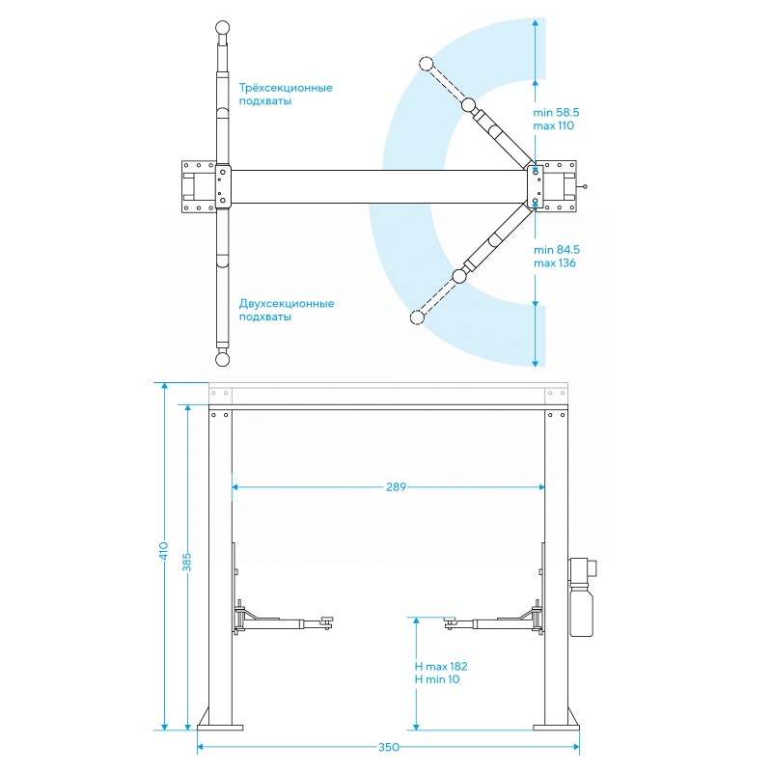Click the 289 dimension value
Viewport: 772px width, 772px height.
click(x=396, y=487)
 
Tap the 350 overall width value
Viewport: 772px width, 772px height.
click(x=389, y=747)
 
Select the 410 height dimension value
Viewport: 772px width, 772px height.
click(x=163, y=550)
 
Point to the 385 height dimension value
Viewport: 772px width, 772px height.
click(x=186, y=563)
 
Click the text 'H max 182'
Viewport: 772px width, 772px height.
click(x=441, y=666)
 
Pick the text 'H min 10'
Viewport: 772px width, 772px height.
click(x=437, y=679)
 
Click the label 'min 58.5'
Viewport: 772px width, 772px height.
click(x=557, y=112)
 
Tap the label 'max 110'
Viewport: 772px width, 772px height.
click(x=553, y=125)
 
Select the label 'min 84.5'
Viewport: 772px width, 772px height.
click(x=557, y=250)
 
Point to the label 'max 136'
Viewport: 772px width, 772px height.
click(x=555, y=262)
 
